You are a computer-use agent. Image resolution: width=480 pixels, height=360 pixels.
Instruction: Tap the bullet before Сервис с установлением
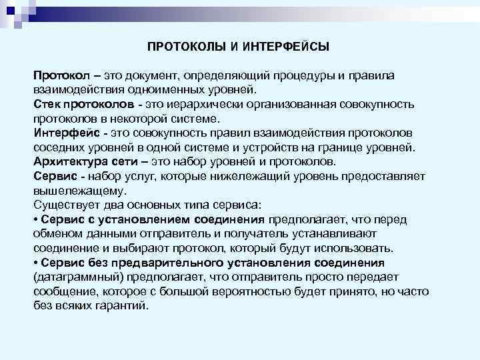tap(35, 219)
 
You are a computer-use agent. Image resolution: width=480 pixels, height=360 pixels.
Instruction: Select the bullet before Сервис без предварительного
tap(35, 263)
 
